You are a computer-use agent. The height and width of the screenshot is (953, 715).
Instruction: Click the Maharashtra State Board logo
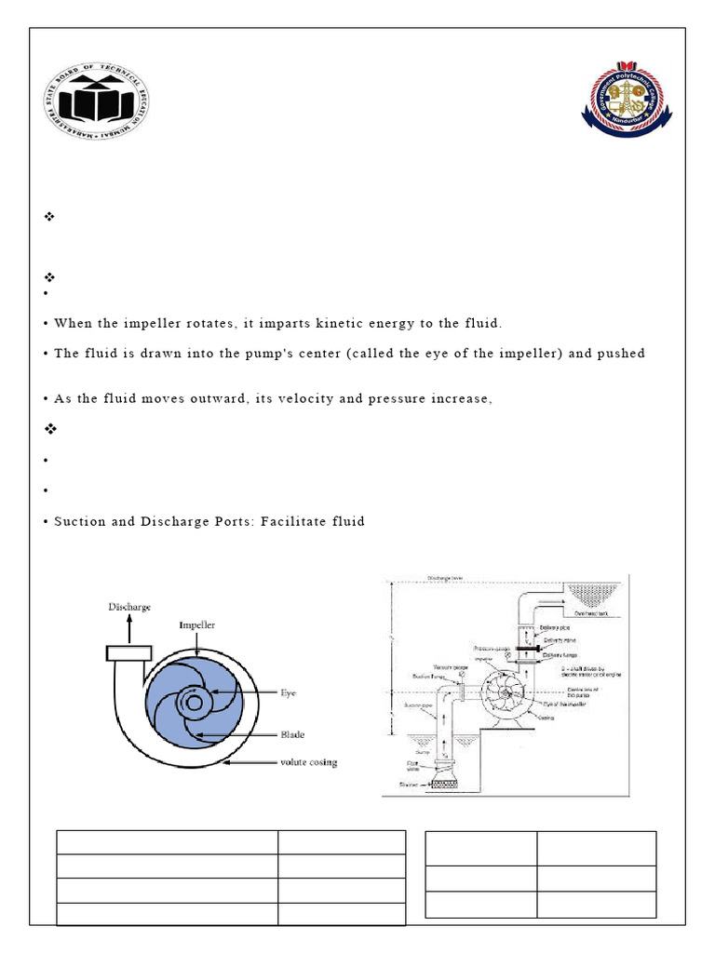tap(97, 100)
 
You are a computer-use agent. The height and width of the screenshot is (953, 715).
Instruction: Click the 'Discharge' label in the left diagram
tap(128, 607)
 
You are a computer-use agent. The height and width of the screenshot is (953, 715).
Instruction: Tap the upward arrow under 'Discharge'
tap(128, 628)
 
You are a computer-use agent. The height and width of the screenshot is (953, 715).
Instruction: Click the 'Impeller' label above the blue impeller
tap(197, 625)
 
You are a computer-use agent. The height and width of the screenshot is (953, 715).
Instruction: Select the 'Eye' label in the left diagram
tap(289, 692)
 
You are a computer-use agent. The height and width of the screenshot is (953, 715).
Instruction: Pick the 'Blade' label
tap(292, 734)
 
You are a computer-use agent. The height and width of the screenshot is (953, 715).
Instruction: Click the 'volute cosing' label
tap(309, 763)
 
